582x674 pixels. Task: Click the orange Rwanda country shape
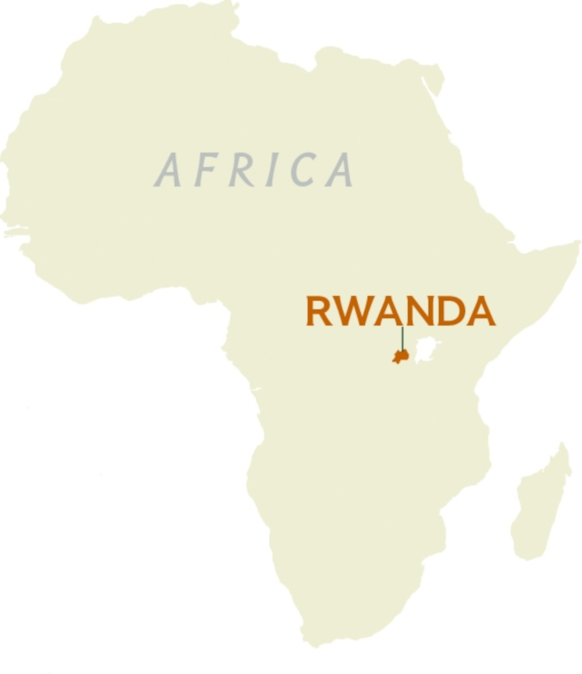(400, 357)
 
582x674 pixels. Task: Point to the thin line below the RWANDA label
(403, 339)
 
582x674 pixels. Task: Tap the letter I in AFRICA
(272, 170)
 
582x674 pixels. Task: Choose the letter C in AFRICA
(303, 170)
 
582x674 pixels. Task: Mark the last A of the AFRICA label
(340, 170)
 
